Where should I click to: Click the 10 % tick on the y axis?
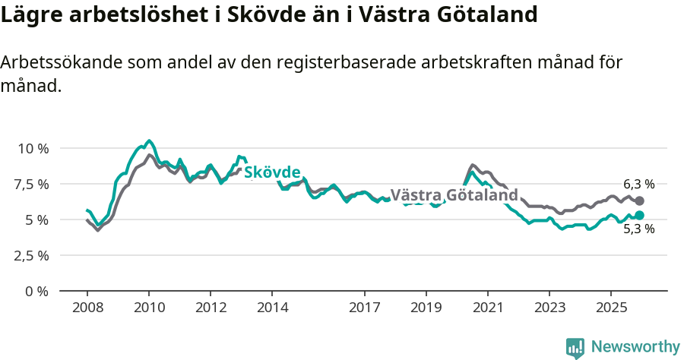[33, 148]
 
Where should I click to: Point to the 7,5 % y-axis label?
[33, 184]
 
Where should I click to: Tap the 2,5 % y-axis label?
[33, 255]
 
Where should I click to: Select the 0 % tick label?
[37, 291]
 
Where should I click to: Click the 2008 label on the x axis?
[87, 308]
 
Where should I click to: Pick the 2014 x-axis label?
[272, 308]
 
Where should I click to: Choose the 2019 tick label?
[426, 308]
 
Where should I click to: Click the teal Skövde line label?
[272, 172]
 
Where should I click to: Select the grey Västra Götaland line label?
[454, 194]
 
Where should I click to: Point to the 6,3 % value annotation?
[638, 184]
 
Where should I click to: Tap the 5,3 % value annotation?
[638, 229]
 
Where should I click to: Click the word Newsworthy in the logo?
[635, 347]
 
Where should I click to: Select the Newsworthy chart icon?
[575, 348]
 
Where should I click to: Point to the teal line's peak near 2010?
[149, 141]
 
